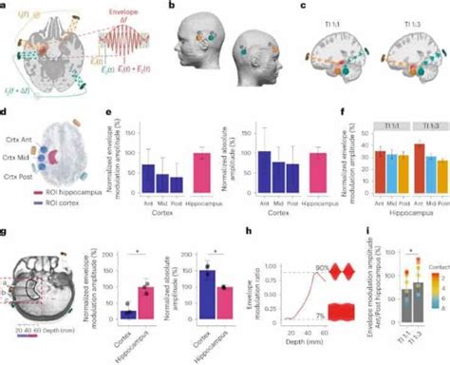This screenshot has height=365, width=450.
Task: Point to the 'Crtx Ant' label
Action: point(21,139)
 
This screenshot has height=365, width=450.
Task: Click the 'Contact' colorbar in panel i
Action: point(436,277)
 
